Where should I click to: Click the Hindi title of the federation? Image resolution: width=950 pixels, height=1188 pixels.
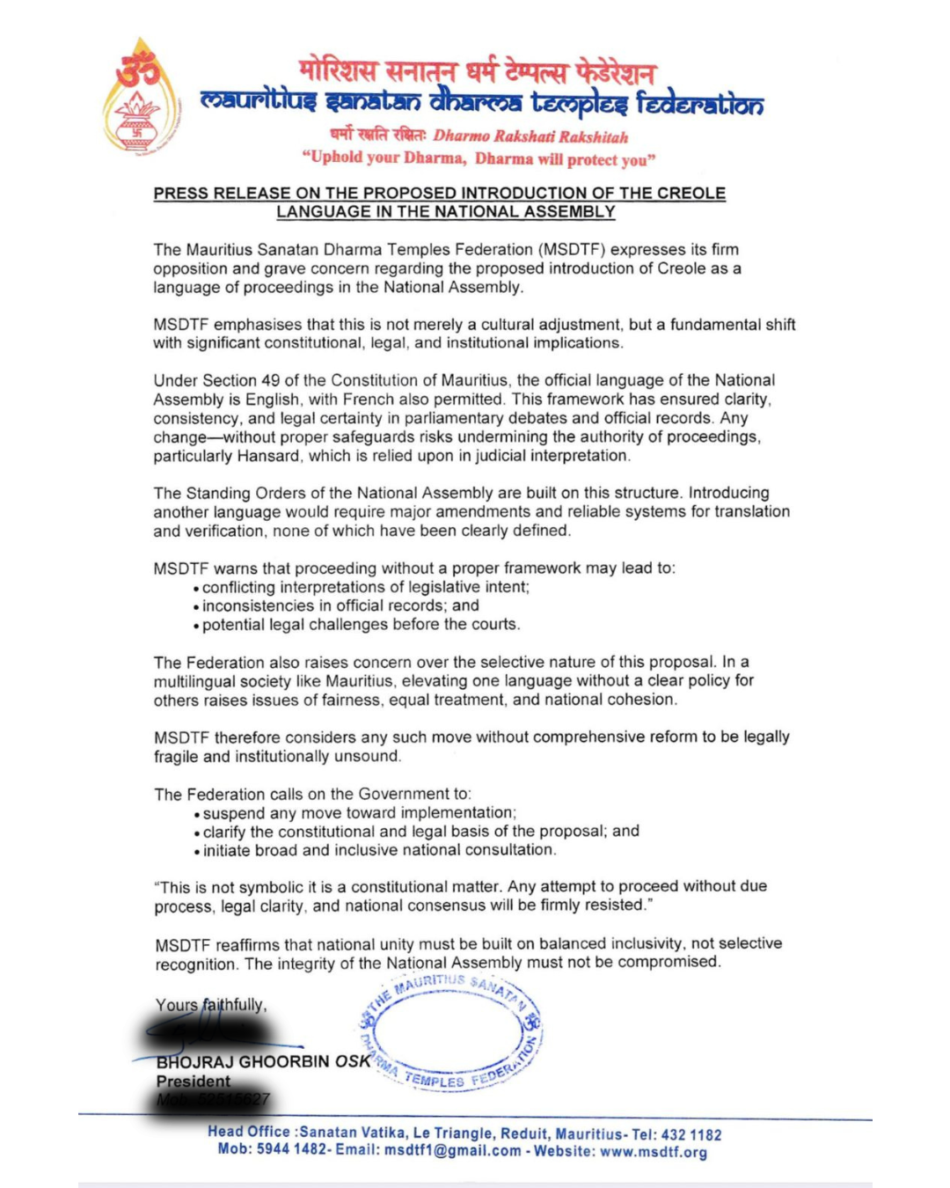pos(476,70)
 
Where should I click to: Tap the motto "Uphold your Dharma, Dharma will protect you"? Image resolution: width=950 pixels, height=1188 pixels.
pos(479,158)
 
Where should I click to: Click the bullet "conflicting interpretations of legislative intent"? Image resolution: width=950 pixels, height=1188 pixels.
pos(365,587)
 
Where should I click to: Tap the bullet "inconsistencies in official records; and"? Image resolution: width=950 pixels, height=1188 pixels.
pos(340,605)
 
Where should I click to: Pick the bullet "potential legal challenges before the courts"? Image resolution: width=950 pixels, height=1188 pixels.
pos(361,625)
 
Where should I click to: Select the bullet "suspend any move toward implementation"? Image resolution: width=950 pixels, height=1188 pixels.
pos(359,813)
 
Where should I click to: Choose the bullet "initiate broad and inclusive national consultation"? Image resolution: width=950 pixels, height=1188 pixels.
pos(379,850)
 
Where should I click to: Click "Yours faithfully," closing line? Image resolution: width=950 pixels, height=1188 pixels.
pos(211,1005)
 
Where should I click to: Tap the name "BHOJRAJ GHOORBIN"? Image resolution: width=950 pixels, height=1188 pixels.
pos(244,1062)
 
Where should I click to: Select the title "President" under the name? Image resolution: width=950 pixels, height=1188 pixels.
pos(194,1082)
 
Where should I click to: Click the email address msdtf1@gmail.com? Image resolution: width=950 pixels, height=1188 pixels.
pos(453,1151)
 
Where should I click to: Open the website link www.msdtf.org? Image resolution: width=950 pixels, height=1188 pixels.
pos(654,1152)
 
